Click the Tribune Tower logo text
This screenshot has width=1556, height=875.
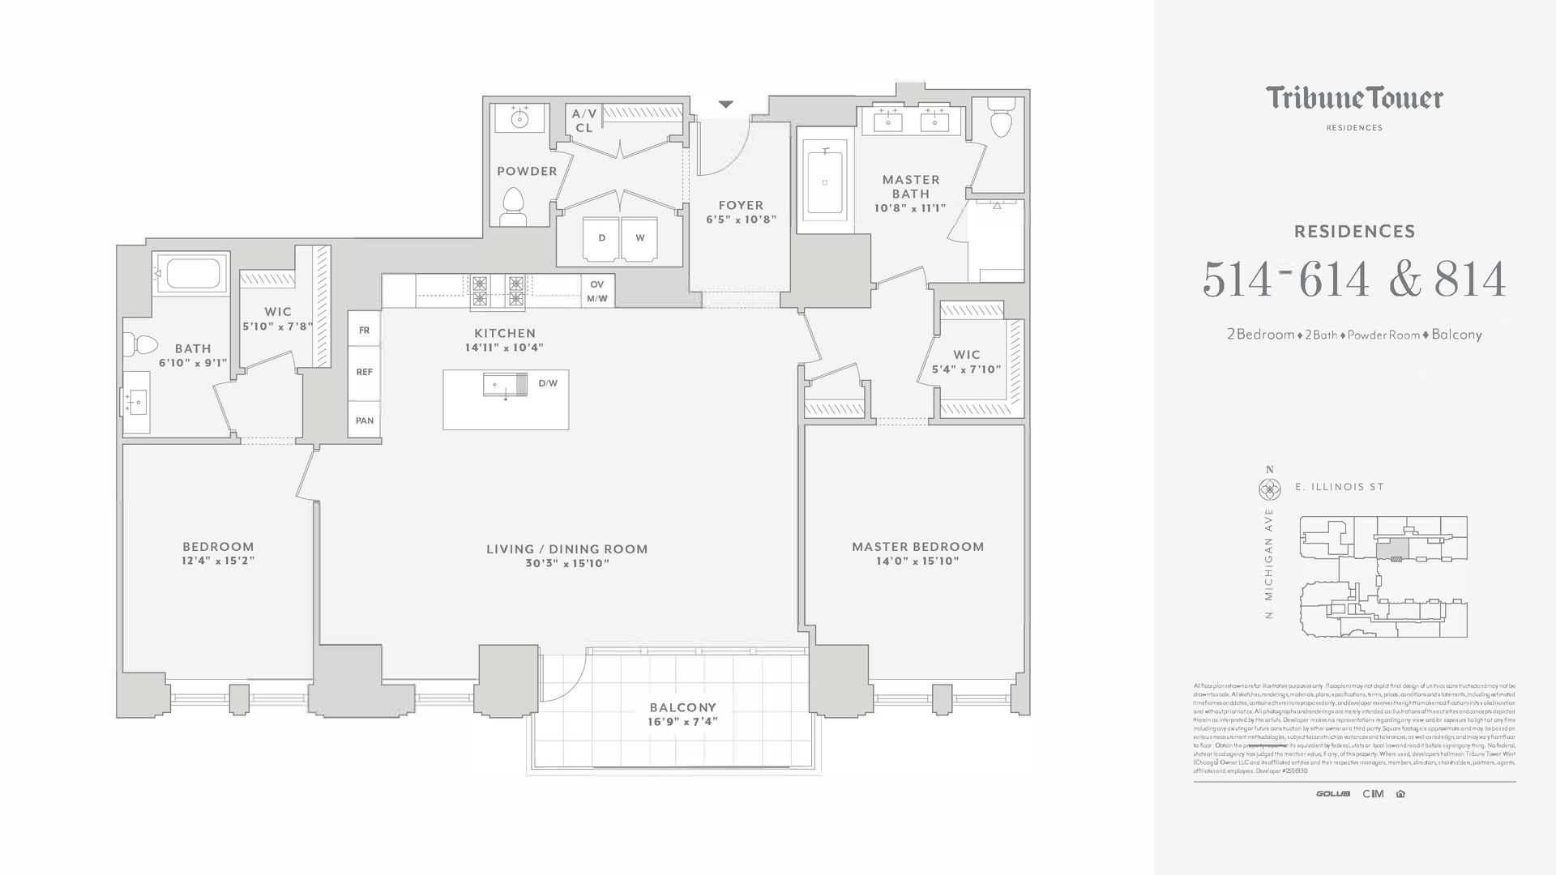coord(1354,99)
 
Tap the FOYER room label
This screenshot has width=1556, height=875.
coord(741,206)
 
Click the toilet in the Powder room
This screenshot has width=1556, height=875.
coord(513,205)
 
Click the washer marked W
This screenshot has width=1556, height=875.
coord(640,238)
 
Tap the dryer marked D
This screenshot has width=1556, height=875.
coord(601,238)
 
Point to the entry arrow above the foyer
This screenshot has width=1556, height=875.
coord(725,105)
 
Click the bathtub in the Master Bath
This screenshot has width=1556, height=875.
coord(825,183)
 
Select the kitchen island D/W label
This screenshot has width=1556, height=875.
coord(548,383)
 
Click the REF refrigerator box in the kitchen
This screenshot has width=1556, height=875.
coord(365,372)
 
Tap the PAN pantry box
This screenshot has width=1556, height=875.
coord(365,420)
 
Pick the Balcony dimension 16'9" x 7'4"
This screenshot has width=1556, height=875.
coord(682,722)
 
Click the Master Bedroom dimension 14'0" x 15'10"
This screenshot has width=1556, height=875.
coord(917,561)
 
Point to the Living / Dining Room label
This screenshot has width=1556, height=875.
coord(566,549)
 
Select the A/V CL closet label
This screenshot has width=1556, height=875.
coord(583,121)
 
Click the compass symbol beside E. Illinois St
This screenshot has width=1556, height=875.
coord(1269,489)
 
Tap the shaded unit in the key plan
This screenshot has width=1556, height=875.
coord(1392,550)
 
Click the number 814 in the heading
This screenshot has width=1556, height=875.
coord(1470,280)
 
